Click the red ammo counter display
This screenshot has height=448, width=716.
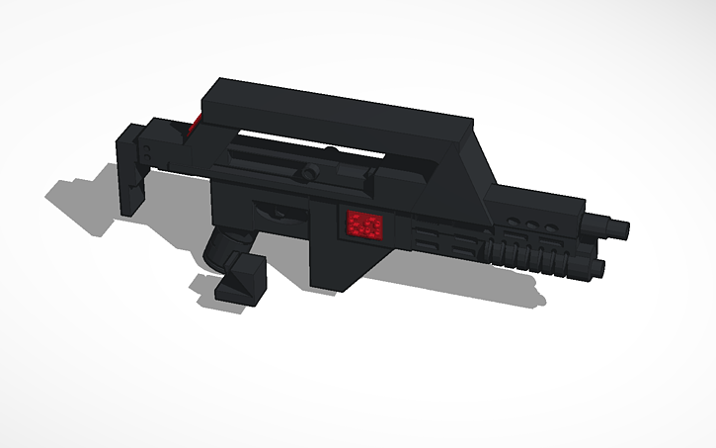click(363, 226)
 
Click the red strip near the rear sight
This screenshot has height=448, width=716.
click(195, 124)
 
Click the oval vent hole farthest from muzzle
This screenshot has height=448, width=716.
click(514, 220)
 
